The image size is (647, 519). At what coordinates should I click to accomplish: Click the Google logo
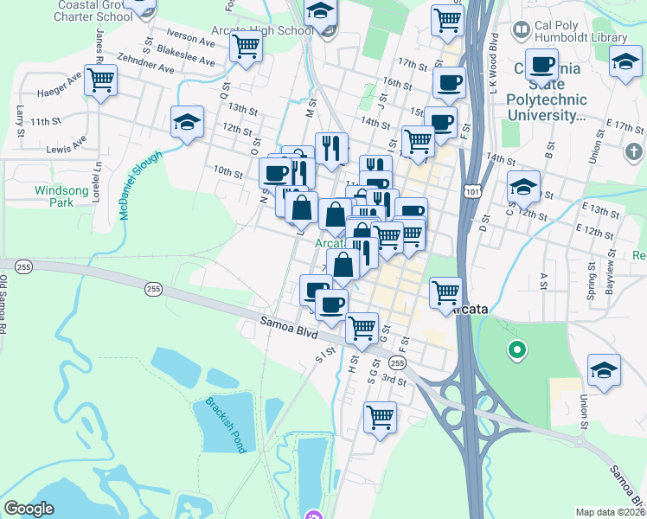29,508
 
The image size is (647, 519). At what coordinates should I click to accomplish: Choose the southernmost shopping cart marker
380,418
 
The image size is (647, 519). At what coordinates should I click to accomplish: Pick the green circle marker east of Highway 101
517,350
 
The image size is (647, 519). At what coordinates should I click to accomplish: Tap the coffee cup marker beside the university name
542,65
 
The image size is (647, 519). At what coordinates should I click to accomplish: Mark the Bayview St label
610,275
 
